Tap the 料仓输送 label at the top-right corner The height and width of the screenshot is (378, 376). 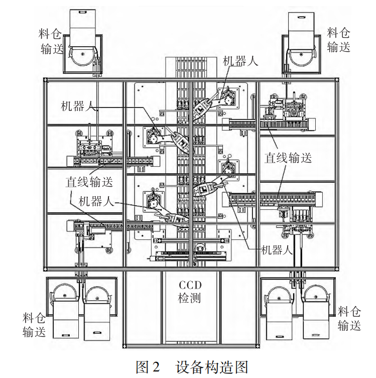[339, 40]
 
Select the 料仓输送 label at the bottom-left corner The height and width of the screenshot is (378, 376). [35, 324]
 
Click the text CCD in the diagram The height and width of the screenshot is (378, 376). [190, 285]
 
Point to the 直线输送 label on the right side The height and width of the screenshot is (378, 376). [288, 158]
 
